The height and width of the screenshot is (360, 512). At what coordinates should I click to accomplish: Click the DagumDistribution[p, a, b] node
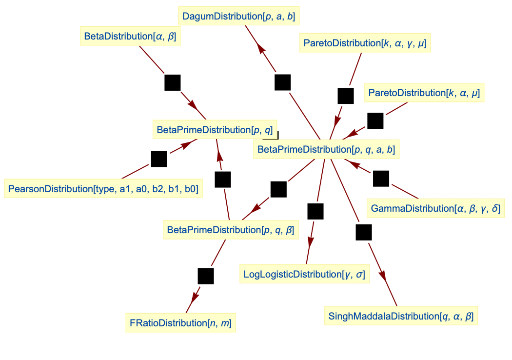pos(238,17)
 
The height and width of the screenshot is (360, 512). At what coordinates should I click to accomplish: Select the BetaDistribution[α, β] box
pos(130,37)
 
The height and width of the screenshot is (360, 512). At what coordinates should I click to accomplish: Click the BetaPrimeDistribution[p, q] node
pos(215,130)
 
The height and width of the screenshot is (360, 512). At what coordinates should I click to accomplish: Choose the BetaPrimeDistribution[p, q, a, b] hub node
pos(326,149)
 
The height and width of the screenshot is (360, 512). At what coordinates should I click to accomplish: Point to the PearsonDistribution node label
pos(103,189)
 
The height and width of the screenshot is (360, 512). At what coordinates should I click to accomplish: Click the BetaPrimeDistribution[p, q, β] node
pos(230,229)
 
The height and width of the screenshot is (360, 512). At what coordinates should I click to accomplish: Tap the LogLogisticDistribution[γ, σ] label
pos(304,274)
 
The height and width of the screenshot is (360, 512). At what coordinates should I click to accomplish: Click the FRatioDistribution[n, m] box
pos(180,323)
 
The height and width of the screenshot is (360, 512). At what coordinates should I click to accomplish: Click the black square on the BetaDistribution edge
pos(173,82)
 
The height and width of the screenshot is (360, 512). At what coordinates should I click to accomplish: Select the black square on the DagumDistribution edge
pos(283,82)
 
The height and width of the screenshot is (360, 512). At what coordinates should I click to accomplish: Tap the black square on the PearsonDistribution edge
pos(159,159)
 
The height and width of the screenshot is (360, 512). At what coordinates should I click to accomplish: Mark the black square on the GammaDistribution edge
pos(381,179)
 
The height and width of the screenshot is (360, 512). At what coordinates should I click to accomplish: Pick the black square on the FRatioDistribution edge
pos(205,276)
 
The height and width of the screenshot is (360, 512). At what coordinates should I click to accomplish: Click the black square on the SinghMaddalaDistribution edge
pos(364,232)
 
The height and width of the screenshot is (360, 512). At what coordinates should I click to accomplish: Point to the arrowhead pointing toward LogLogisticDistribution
pos(311,242)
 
